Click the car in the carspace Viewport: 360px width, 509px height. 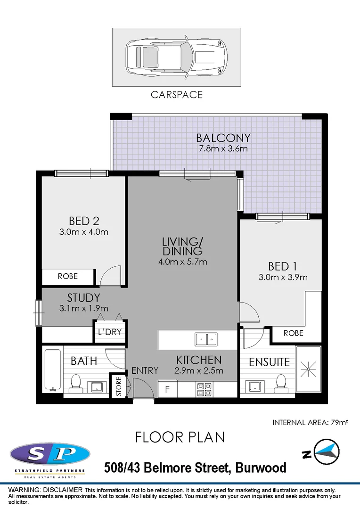pos(176,57)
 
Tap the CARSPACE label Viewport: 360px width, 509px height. pos(177,95)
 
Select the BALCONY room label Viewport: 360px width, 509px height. pos(223,138)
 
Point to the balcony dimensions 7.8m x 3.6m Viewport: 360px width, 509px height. pos(223,149)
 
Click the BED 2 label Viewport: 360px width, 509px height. pos(83,221)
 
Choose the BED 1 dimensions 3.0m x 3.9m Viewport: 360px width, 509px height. pos(283,277)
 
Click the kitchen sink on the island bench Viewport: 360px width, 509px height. pos(206,339)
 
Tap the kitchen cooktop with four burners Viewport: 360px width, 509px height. pos(204,389)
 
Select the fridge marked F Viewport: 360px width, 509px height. pos(167,389)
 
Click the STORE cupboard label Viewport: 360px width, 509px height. pos(119,386)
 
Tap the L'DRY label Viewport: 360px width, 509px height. pos(110,332)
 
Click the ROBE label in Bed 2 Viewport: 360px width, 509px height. pos(68,277)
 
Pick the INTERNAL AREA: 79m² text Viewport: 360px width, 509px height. pos(310,422)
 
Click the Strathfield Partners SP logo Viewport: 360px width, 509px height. pos(50,455)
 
